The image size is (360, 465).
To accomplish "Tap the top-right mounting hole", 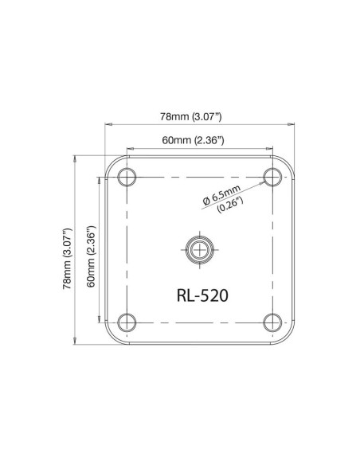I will tap(273, 175).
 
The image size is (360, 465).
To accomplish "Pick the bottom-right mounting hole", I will tap(273, 322).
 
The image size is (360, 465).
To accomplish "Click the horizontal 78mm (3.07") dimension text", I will tap(190, 117).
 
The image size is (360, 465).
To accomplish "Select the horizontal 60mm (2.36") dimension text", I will tap(192, 140).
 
